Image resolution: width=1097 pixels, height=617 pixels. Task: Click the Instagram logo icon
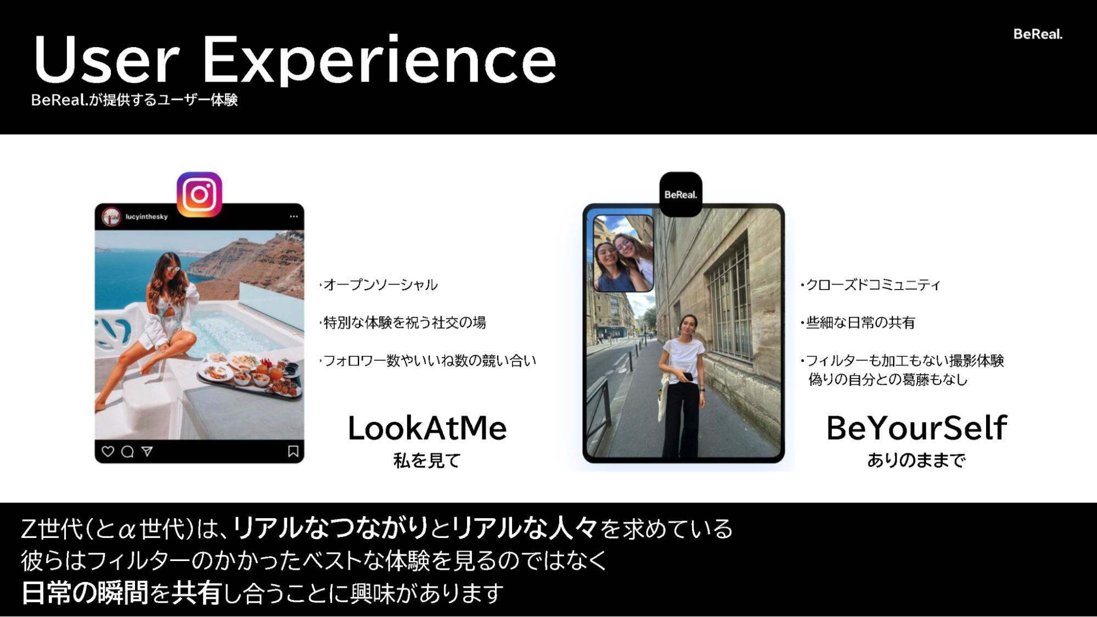(x=199, y=194)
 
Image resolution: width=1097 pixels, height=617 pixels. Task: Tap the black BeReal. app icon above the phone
(x=680, y=194)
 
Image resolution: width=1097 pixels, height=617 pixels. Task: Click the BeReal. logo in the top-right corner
(x=1038, y=34)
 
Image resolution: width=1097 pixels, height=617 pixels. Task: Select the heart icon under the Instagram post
(x=108, y=451)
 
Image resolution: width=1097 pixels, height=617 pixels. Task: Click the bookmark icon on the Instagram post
(x=293, y=451)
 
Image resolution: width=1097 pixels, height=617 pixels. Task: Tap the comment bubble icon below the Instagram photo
(x=127, y=451)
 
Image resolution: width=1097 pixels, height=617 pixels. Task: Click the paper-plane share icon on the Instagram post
(x=147, y=451)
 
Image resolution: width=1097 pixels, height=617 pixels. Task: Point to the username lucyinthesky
(x=147, y=217)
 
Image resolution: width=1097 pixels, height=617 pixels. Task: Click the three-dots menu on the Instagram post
(x=294, y=216)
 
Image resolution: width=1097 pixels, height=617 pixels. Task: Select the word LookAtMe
(x=427, y=428)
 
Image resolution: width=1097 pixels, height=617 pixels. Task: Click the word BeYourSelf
(x=916, y=428)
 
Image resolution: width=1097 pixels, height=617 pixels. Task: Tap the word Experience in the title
(x=379, y=60)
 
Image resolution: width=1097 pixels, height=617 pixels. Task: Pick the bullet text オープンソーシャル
(x=380, y=285)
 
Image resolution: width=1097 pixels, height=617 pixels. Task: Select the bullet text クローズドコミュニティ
(x=873, y=285)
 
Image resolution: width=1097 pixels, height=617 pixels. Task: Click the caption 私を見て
(x=427, y=461)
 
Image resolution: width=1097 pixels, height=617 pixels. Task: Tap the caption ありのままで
(x=916, y=460)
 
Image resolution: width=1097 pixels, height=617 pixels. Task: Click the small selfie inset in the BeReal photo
(x=623, y=253)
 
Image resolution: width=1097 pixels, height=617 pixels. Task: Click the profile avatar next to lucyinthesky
(x=111, y=217)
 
